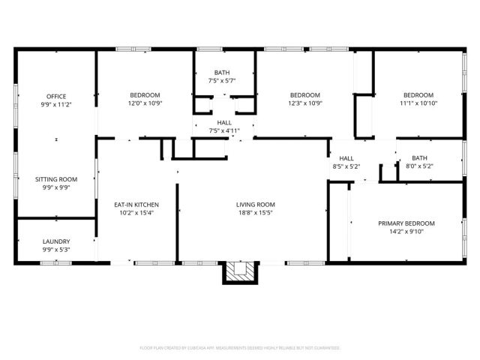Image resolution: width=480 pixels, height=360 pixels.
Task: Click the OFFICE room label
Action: coord(56,96)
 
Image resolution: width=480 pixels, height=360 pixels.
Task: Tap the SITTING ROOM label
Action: coord(56,179)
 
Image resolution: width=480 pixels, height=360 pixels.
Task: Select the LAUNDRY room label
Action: coord(56,241)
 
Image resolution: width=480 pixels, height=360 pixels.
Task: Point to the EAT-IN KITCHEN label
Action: coord(136,204)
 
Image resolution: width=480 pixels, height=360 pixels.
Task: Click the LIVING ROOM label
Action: coord(256,204)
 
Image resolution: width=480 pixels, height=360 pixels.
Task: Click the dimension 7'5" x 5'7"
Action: coord(222,80)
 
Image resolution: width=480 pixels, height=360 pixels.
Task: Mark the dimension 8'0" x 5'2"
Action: coord(418,166)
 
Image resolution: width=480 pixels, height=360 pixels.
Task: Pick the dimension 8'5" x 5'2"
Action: coord(346,166)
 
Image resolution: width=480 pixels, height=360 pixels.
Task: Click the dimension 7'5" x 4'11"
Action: coord(224,130)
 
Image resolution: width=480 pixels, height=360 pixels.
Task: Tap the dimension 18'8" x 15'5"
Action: coord(256,212)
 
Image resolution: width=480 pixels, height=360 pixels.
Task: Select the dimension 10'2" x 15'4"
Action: coord(136,212)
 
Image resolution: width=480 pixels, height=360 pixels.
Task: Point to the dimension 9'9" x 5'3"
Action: coord(56,250)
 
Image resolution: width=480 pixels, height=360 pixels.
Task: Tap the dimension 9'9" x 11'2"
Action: coord(56,104)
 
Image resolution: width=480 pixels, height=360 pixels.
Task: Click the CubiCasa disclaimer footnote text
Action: coord(240,348)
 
